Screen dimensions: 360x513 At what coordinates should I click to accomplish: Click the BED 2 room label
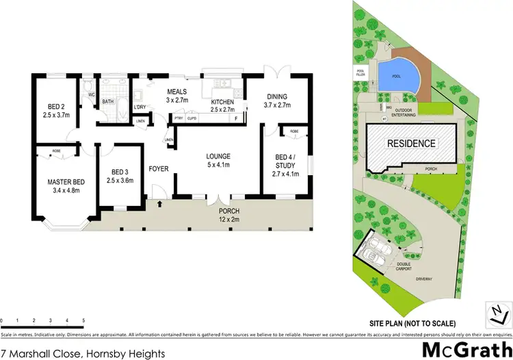pyautogui.click(x=55, y=111)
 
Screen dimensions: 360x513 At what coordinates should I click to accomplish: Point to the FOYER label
pyautogui.click(x=159, y=167)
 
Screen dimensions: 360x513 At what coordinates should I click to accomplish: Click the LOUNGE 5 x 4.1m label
pyautogui.click(x=219, y=161)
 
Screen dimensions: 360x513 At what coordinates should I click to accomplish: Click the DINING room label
pyautogui.click(x=277, y=101)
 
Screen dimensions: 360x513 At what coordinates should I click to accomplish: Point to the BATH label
pyautogui.click(x=108, y=102)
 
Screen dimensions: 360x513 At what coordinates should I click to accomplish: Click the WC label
pyautogui.click(x=91, y=95)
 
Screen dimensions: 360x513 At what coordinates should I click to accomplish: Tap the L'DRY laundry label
pyautogui.click(x=140, y=107)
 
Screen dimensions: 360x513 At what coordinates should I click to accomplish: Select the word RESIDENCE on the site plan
pyautogui.click(x=412, y=144)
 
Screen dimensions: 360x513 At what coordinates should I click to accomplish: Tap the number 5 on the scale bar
pyautogui.click(x=83, y=320)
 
